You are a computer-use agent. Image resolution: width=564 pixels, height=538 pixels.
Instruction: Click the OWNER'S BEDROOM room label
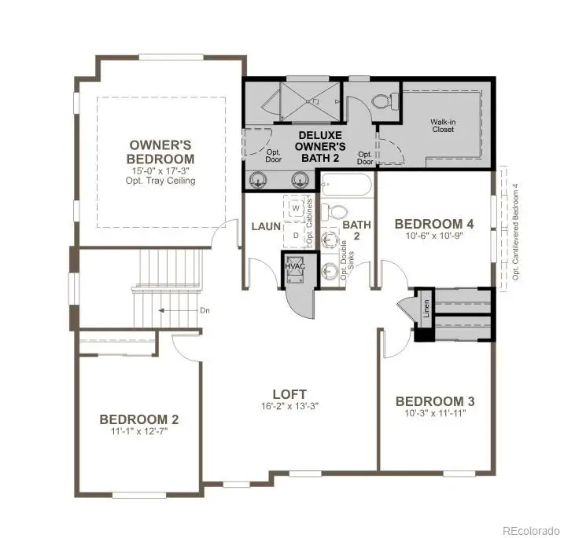[x=160, y=152]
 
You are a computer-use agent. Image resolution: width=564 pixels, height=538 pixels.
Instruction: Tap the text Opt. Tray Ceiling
[x=163, y=181]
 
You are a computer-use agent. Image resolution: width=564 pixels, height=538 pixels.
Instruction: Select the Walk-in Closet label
[x=444, y=126]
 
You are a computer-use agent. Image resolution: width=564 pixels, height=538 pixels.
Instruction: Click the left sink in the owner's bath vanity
[x=257, y=180]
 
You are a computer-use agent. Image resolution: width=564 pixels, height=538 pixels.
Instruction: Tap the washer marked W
[x=296, y=208]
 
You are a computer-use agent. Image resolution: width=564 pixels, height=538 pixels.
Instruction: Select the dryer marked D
[x=296, y=234]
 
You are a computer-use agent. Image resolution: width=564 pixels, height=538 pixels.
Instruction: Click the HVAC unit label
[x=294, y=267]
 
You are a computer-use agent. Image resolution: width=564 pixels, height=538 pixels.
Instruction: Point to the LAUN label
[x=266, y=226]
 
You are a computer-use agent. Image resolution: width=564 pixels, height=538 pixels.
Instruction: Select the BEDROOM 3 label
[x=434, y=401]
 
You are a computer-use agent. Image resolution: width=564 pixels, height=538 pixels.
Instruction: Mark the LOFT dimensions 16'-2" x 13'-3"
[x=289, y=406]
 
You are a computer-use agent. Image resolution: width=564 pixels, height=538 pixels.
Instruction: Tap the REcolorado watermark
[x=531, y=529]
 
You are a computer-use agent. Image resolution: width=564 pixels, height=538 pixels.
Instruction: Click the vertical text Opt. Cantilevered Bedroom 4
[x=516, y=232]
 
